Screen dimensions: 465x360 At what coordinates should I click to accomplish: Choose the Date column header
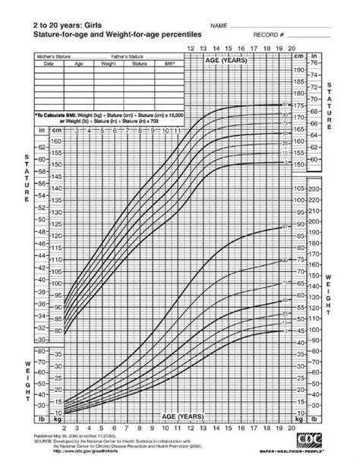tap(49, 64)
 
